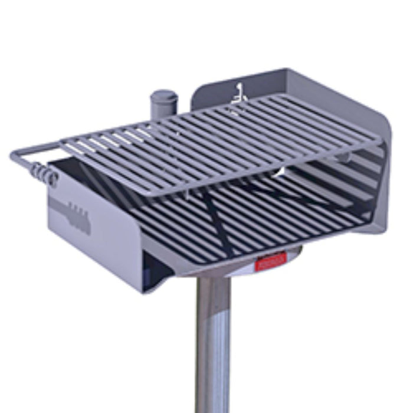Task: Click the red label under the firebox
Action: click(271, 260)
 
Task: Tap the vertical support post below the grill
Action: click(213, 348)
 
